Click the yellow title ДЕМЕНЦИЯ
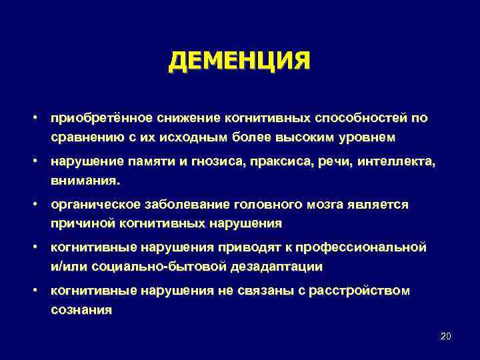tap(239, 61)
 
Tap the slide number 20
tap(446, 336)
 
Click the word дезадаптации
tap(281, 267)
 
